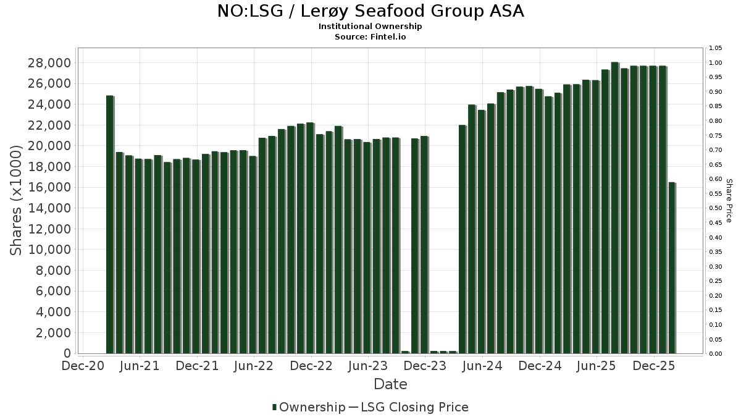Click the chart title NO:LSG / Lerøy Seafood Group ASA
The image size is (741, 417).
[371, 11]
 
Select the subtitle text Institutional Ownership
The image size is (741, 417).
[371, 27]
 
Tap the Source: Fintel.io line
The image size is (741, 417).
[371, 36]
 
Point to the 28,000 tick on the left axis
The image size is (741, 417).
[49, 63]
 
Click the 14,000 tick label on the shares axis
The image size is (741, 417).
[49, 208]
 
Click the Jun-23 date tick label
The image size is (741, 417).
[368, 366]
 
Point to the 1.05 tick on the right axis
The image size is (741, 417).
[716, 48]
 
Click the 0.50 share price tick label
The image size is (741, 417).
[716, 208]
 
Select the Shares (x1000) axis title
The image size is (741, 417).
[17, 200]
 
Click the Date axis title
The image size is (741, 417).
[390, 384]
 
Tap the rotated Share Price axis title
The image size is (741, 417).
[729, 201]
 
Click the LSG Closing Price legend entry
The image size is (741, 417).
[414, 407]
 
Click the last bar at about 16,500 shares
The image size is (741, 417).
[672, 268]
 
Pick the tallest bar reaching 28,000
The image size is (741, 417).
[614, 208]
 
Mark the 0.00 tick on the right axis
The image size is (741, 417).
[716, 354]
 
